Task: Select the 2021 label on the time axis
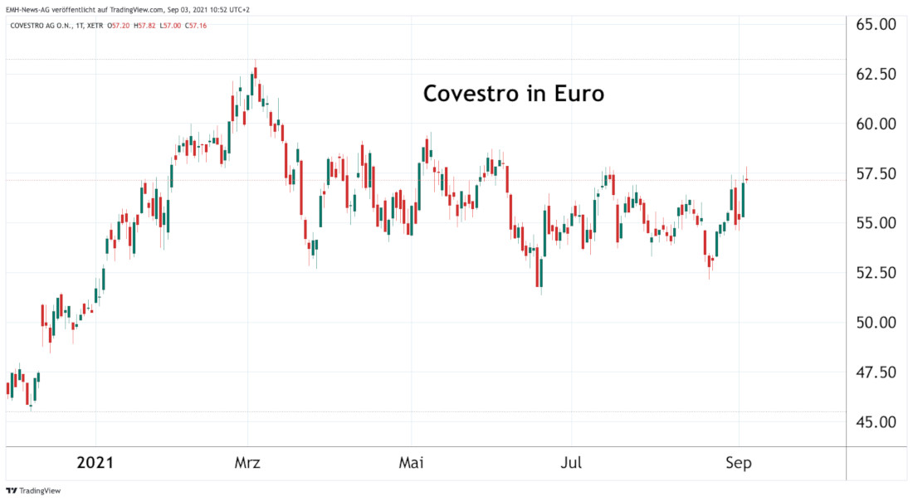tap(96, 463)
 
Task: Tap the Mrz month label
tap(247, 463)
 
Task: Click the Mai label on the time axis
tap(412, 463)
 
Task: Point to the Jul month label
tap(571, 463)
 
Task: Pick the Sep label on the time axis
tap(738, 463)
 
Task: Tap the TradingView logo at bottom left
tap(34, 490)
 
